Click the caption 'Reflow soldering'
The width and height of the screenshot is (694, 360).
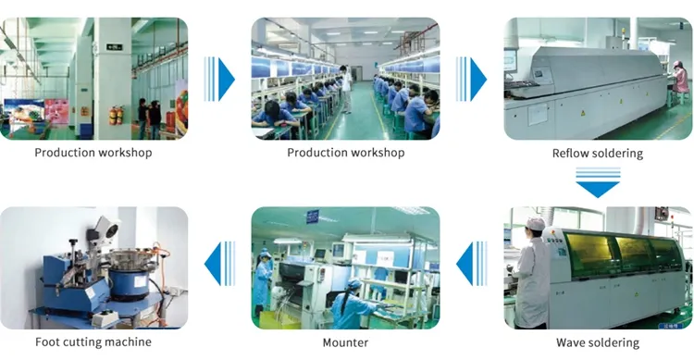[x=597, y=154]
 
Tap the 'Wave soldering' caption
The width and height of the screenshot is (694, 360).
[x=597, y=343]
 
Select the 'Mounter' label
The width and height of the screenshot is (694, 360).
[x=345, y=343]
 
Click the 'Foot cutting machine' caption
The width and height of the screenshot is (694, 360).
[x=93, y=343]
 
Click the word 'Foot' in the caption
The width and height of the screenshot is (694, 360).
[x=47, y=343]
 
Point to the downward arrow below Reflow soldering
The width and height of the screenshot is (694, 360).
[x=597, y=181]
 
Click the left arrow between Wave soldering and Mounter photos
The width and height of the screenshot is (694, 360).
[x=472, y=263]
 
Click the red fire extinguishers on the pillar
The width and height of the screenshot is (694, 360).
[x=116, y=115]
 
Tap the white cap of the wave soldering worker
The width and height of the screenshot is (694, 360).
[x=536, y=225]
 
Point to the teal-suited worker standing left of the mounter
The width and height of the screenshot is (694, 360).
[x=264, y=282]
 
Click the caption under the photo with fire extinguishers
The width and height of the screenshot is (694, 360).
[x=93, y=153]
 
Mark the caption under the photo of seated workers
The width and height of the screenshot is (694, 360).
[x=345, y=153]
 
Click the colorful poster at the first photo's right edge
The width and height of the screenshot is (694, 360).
[x=181, y=102]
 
